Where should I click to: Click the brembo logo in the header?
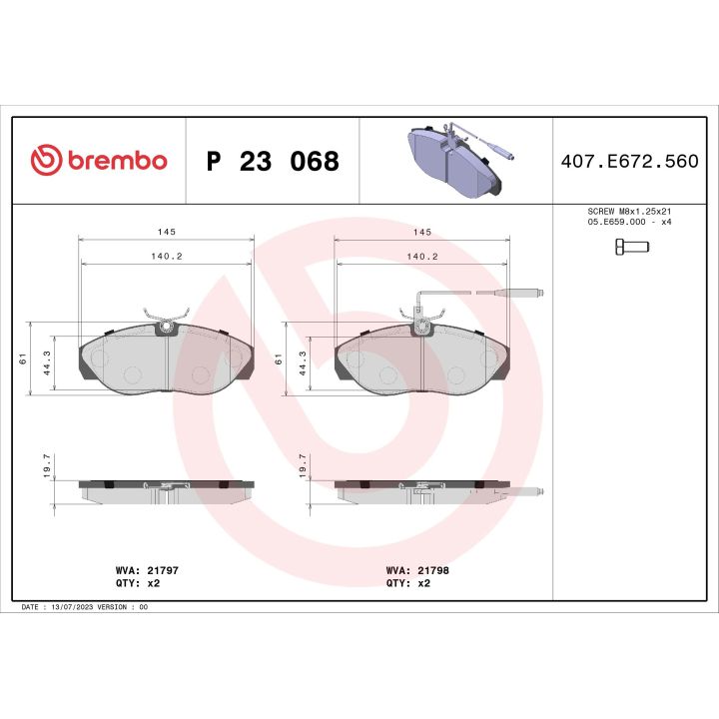98,161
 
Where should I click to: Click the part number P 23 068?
272,162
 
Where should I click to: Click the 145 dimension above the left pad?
165,232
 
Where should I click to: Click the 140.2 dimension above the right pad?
422,256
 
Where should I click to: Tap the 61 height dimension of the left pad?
22,359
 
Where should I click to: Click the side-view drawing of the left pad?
166,489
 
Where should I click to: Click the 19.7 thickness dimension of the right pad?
302,466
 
